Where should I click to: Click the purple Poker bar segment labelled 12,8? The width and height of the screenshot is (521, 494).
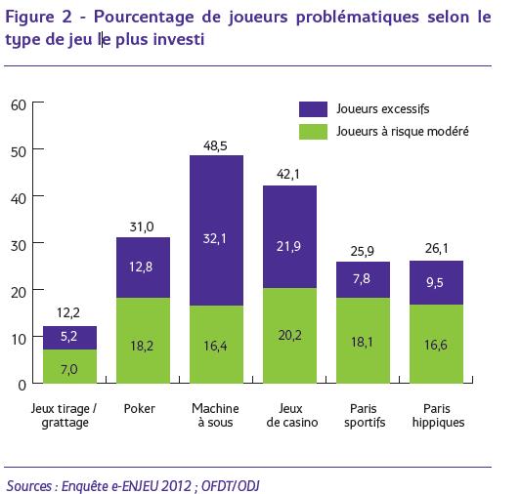(x=143, y=268)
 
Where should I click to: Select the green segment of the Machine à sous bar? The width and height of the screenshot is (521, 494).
(x=216, y=345)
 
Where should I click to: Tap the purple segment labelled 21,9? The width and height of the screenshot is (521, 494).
(x=289, y=237)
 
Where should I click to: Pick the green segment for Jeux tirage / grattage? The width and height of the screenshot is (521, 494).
(x=69, y=366)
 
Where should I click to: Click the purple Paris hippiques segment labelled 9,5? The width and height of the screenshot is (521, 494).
(x=436, y=283)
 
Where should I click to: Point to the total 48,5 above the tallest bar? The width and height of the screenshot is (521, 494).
(x=215, y=146)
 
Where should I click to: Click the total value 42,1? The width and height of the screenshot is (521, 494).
(x=288, y=174)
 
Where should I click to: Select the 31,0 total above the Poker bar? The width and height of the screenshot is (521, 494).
(x=142, y=226)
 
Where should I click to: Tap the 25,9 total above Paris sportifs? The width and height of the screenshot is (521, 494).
(x=363, y=252)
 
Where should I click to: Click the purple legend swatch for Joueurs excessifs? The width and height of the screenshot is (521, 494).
(x=313, y=109)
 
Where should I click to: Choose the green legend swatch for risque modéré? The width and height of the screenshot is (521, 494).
(x=313, y=132)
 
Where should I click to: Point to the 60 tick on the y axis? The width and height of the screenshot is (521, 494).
(x=19, y=105)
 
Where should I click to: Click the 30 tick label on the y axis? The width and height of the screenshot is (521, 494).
(x=19, y=246)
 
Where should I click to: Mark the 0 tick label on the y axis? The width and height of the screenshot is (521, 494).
(x=22, y=386)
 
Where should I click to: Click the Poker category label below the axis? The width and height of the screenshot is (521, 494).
(x=140, y=408)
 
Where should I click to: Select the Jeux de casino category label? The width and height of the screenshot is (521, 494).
(x=291, y=415)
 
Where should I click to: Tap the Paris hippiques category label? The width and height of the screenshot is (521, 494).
(x=438, y=416)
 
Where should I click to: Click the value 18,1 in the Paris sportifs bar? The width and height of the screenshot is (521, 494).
(x=363, y=342)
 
